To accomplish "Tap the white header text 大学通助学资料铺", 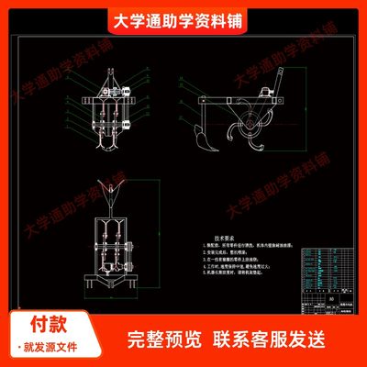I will pos(183,20).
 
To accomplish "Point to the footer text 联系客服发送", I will pos(272,337).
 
